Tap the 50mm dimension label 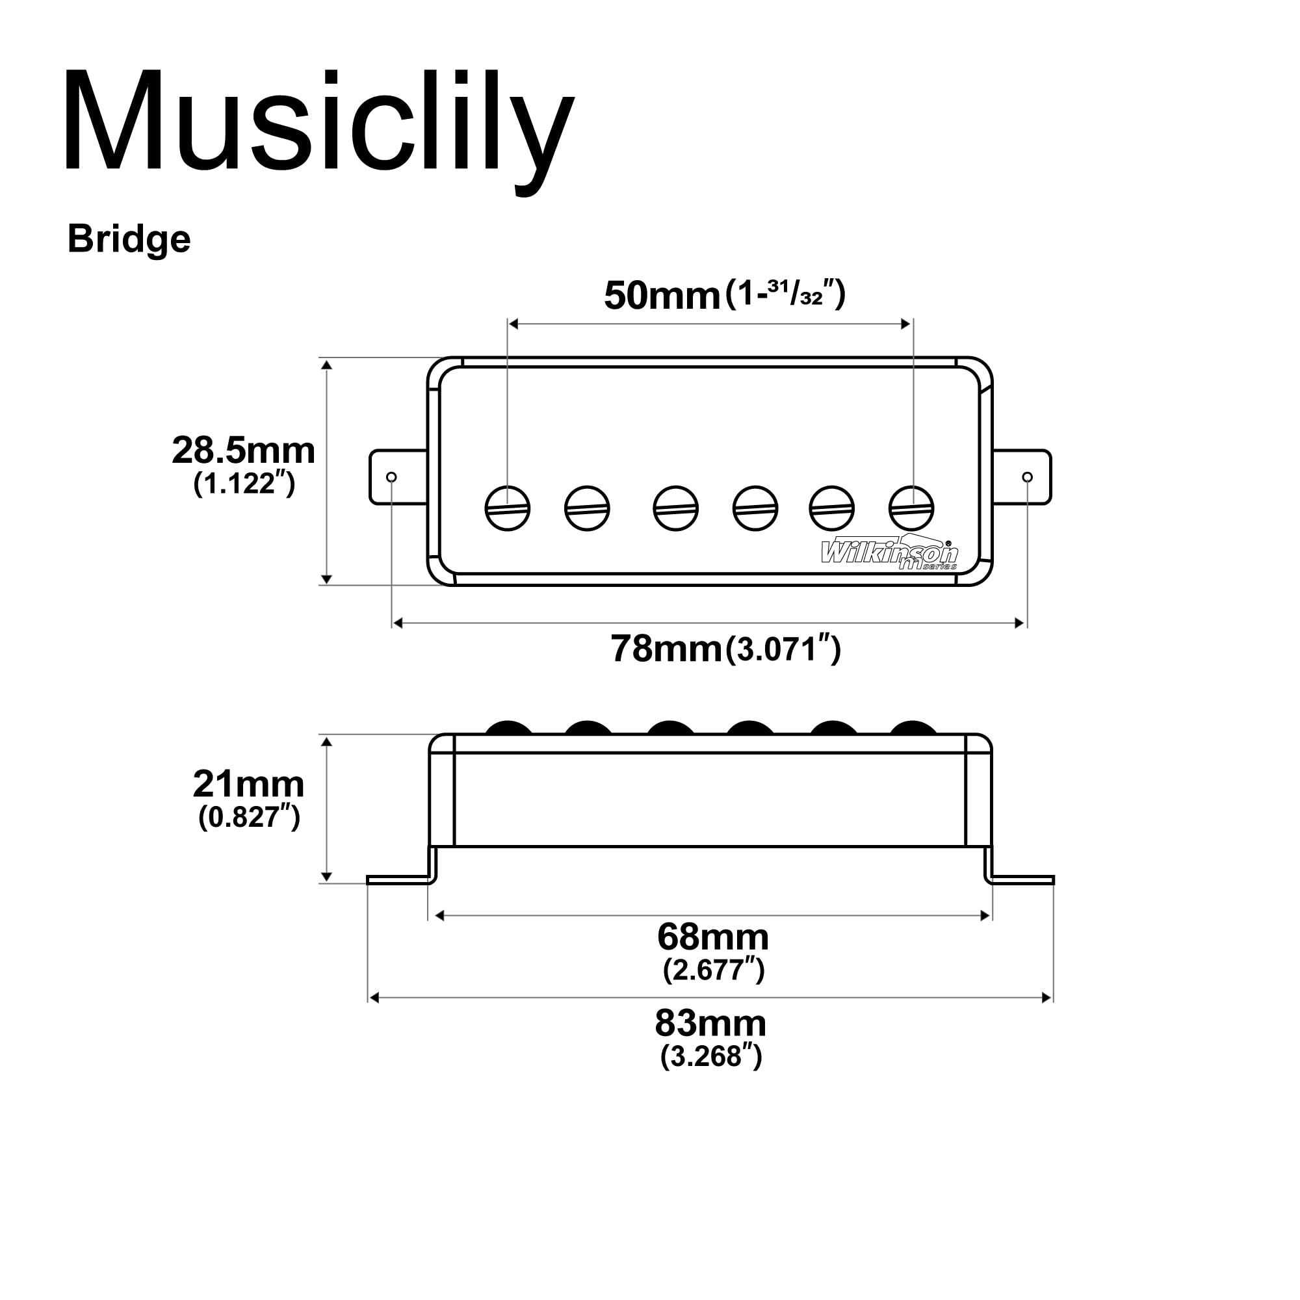point(662,296)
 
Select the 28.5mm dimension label point(243,451)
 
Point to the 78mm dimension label point(666,649)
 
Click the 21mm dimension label point(248,785)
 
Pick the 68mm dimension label point(712,937)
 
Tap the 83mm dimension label point(710,1024)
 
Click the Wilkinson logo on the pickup point(889,554)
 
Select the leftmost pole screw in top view point(508,508)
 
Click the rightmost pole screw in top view point(911,508)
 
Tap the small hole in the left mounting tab point(391,477)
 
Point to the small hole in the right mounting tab point(1027,477)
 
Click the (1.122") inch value point(244,484)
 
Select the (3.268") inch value point(710,1056)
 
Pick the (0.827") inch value point(248,818)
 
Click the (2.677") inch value point(713,970)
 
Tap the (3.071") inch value point(783,650)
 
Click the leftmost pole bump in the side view point(509,728)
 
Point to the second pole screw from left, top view point(587,508)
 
